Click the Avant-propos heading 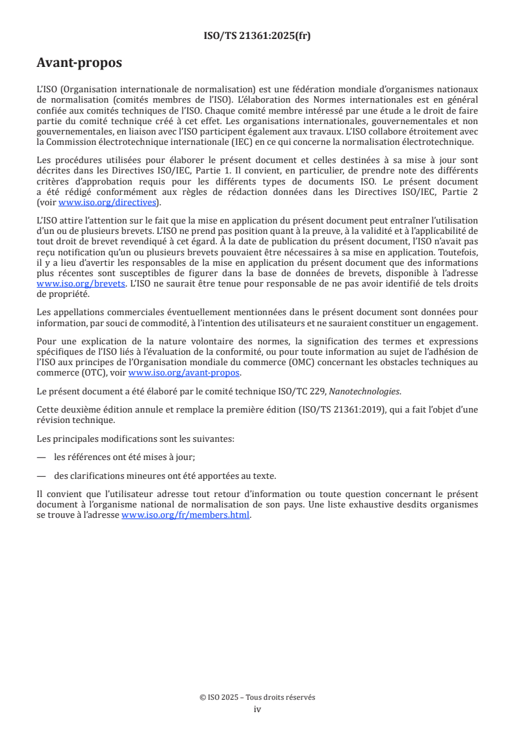79,63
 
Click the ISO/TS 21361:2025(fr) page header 257,36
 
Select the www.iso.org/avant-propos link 184,372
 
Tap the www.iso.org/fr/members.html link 186,515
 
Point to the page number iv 257,709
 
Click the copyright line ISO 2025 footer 257,697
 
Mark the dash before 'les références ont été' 42,457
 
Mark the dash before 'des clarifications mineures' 42,475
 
